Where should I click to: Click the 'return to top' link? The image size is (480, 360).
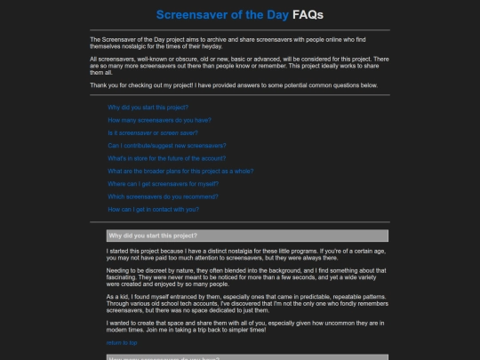coord(122,342)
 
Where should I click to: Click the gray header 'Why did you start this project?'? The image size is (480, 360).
coord(153,236)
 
